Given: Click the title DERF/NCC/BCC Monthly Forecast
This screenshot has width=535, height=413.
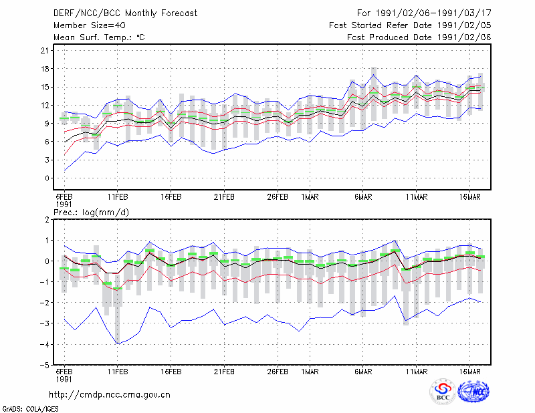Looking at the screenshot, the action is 125,13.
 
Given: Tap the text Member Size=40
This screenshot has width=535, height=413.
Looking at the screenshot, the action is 90,25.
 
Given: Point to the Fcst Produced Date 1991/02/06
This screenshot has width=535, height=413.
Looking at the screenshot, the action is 419,37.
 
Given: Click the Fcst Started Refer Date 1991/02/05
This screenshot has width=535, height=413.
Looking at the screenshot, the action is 410,25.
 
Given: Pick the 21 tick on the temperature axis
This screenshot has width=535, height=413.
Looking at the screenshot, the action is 45,51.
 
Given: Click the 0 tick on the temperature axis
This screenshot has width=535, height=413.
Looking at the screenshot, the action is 47,178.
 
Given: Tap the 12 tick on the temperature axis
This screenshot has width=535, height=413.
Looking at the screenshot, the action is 45,106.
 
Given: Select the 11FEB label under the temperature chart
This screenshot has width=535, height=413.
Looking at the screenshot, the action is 118,197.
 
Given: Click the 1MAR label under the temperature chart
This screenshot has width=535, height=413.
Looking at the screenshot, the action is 310,197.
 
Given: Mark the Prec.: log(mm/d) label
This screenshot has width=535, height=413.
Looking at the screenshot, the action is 91,213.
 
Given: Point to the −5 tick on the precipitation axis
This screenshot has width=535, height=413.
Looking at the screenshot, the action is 44,365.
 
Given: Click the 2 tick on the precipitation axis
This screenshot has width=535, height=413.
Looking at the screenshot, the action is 47,220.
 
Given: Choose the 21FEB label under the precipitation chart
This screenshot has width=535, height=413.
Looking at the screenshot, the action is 224,372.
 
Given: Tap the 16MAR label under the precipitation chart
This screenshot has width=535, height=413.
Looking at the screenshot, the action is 470,372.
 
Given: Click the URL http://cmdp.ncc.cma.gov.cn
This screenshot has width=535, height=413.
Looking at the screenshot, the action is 110,395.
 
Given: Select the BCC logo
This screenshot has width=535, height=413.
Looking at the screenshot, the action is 443,392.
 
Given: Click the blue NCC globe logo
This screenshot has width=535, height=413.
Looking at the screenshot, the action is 473,392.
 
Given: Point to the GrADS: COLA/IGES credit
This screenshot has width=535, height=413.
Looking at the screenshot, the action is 30,409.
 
